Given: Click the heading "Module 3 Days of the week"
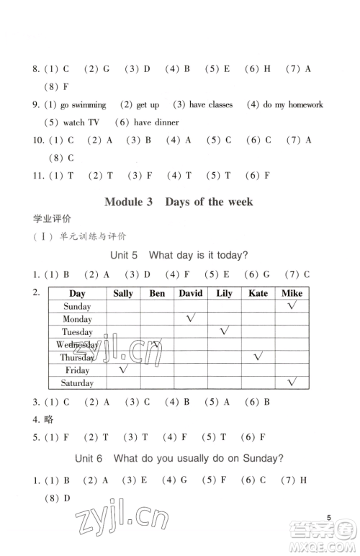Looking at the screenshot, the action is click(x=179, y=202).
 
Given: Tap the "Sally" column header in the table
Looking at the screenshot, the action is click(x=123, y=293).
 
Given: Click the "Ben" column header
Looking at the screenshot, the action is click(x=157, y=293).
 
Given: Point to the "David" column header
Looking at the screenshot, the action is click(x=191, y=293).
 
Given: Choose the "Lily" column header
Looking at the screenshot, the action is click(x=224, y=293).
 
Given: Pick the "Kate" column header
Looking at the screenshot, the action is click(x=258, y=293).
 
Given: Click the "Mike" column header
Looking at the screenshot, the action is click(x=292, y=293).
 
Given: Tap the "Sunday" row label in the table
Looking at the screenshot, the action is click(x=77, y=306).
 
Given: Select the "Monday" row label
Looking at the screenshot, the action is click(x=77, y=319).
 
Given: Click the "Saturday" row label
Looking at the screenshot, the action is click(x=77, y=383).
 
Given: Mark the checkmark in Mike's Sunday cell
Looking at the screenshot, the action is click(x=292, y=305).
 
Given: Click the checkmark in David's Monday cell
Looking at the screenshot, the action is click(x=192, y=318).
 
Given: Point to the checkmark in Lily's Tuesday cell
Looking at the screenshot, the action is click(x=225, y=331).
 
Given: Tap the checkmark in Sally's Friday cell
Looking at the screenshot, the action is click(x=123, y=369).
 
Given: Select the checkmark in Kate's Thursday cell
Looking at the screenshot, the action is click(x=258, y=356).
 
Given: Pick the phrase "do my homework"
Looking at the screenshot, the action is click(x=293, y=105).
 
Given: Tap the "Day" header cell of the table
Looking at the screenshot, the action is click(x=77, y=293).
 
